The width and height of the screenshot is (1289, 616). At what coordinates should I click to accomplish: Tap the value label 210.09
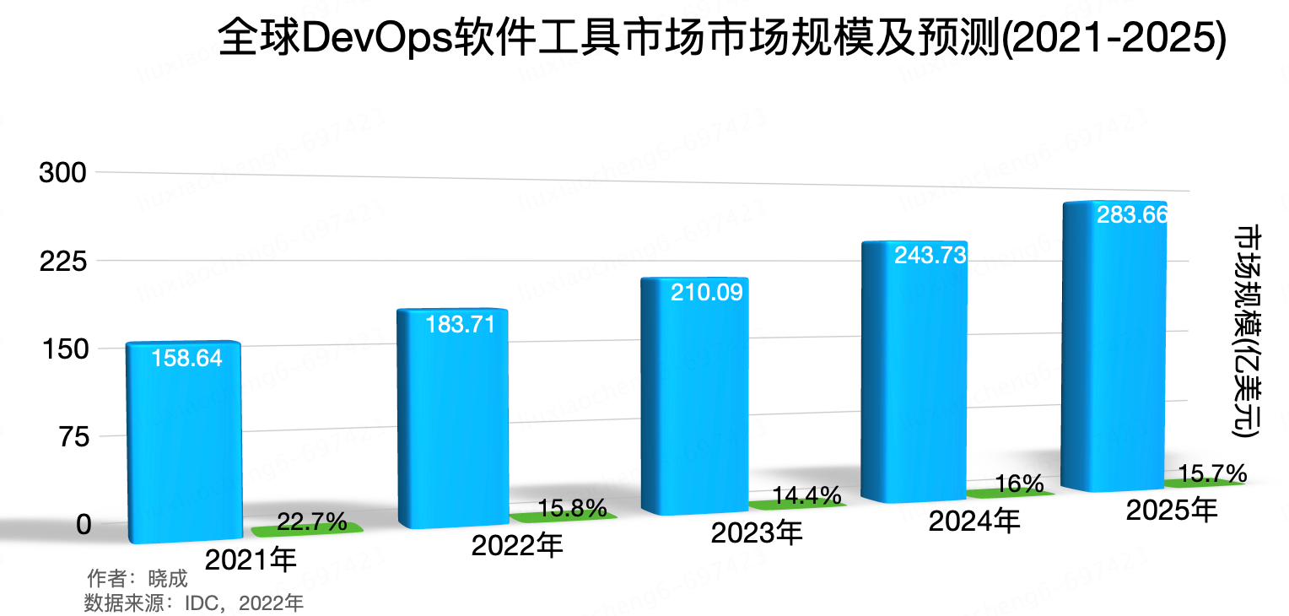pyautogui.click(x=706, y=293)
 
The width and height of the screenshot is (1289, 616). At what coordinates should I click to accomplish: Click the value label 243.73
pyautogui.click(x=930, y=255)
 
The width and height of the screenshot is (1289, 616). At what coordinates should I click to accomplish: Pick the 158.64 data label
pyautogui.click(x=186, y=358)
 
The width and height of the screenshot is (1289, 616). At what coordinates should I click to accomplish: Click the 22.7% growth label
pyautogui.click(x=312, y=522)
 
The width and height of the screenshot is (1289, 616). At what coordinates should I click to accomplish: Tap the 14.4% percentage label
pyautogui.click(x=806, y=494)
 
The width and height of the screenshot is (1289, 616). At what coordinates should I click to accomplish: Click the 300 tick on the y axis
pyautogui.click(x=64, y=173)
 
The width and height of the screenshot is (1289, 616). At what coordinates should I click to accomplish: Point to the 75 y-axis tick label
pyautogui.click(x=72, y=436)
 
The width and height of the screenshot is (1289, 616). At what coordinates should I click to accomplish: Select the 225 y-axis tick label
pyautogui.click(x=64, y=261)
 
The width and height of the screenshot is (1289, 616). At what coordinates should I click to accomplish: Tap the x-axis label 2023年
pyautogui.click(x=757, y=532)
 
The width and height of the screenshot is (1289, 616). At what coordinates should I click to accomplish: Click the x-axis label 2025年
pyautogui.click(x=1172, y=510)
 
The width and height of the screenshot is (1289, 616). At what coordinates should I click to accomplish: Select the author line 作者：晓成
pyautogui.click(x=137, y=579)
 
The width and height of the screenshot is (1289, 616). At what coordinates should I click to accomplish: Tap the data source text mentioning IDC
pyautogui.click(x=194, y=602)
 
